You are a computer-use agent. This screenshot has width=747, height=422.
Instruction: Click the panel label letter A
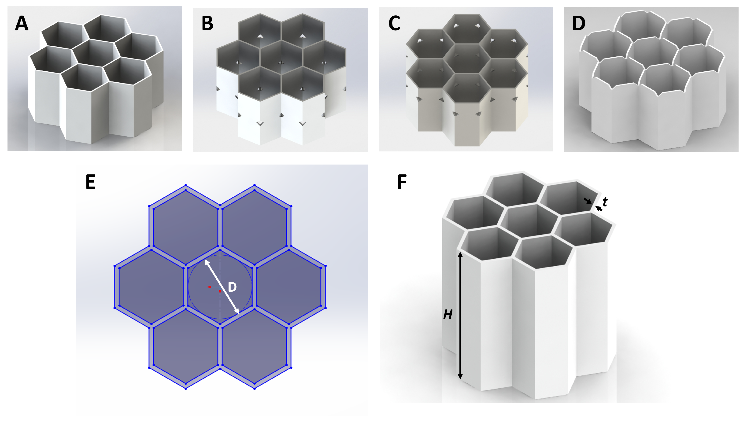point(22,23)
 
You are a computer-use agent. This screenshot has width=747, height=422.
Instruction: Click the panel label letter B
point(207,23)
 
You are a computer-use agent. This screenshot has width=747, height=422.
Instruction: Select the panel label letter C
point(394,23)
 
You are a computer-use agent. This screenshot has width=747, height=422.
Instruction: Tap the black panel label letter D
point(579,23)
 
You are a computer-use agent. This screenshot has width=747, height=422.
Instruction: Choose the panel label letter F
point(402,182)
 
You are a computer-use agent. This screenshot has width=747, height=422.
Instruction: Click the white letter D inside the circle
point(232,287)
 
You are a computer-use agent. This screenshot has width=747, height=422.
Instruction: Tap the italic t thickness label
point(605,202)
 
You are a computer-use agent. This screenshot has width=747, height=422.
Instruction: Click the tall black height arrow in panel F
point(460,315)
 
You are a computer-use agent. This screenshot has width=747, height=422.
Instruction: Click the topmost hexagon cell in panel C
point(467,29)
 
